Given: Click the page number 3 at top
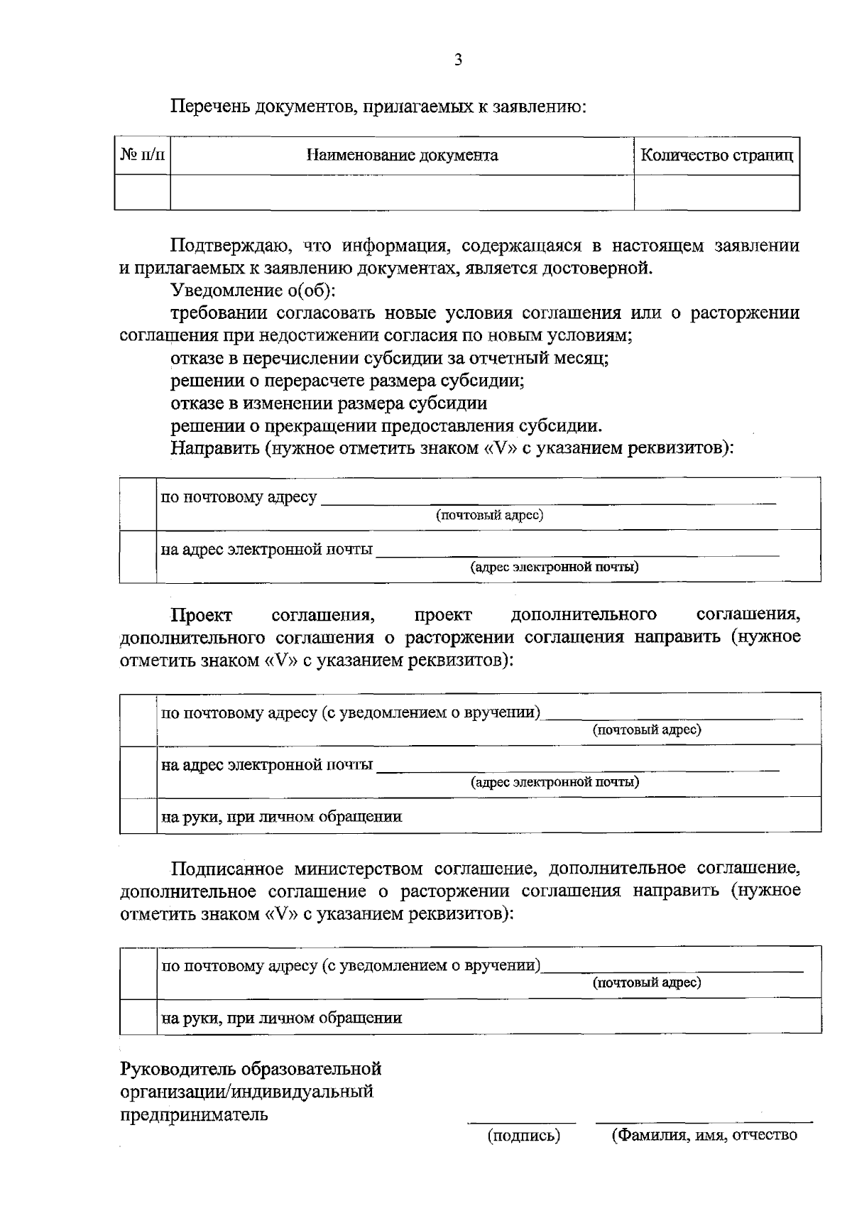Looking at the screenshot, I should coord(458,60).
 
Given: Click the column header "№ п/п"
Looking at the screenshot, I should coord(142,155).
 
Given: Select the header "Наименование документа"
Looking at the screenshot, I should coord(402,156).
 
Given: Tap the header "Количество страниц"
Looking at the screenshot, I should coord(716,156).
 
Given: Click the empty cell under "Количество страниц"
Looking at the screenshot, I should coord(716,192).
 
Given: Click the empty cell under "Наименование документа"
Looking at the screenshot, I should coord(402,192).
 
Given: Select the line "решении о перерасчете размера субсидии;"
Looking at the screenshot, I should coord(347,381).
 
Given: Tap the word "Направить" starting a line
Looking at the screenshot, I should coord(210,448).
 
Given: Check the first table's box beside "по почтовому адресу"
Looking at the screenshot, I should coord(138,504).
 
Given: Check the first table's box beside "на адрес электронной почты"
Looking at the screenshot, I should coord(138,556).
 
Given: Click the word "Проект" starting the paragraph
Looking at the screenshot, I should coord(201,614).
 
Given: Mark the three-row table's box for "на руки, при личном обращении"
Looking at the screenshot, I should coord(138,815).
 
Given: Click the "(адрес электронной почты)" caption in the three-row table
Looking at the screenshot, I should coord(555,782).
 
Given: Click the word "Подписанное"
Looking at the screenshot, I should coord(228,869).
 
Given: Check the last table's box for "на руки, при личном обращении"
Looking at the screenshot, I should coord(138,1017).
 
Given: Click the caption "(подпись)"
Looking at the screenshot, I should coord(523,1136).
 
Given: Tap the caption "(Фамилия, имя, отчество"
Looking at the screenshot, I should coord(704,1135).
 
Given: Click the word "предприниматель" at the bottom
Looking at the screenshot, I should coord(193,1114).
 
